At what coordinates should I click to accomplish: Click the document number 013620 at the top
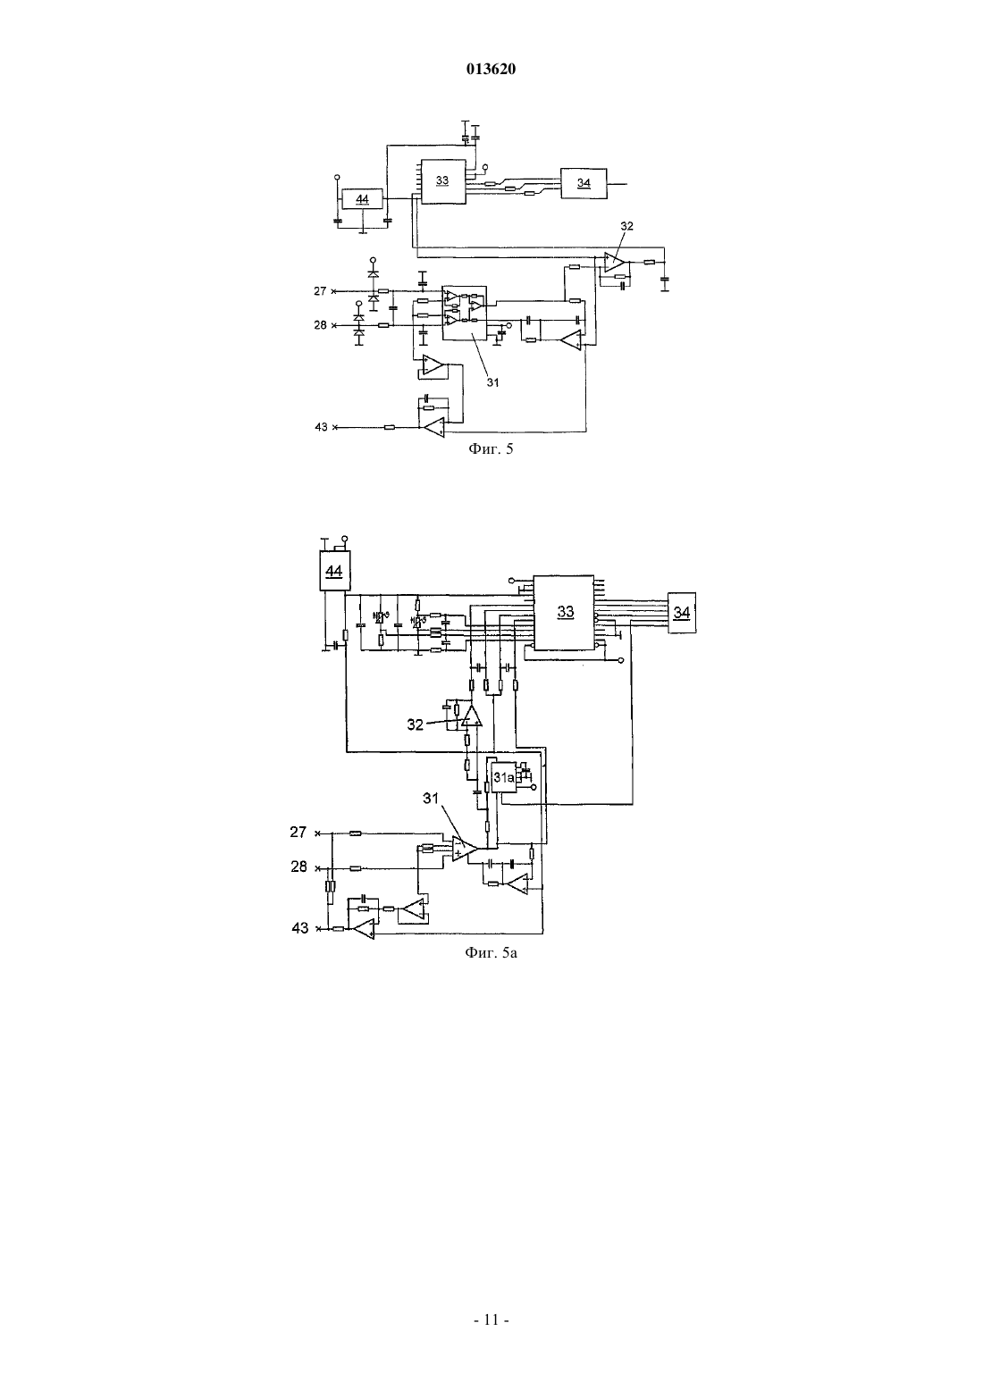[x=491, y=69]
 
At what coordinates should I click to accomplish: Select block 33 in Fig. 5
[x=442, y=181]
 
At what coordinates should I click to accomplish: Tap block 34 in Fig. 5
[x=584, y=183]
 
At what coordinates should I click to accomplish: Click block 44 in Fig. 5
[x=362, y=199]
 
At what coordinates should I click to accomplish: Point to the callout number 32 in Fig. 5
[x=626, y=227]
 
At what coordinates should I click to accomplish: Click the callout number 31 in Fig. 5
[x=492, y=383]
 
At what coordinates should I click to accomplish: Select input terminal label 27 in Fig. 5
[x=320, y=291]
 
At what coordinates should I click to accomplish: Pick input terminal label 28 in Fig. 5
[x=320, y=325]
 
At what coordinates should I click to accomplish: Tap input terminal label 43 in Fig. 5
[x=321, y=427]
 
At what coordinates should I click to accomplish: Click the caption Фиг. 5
[x=491, y=448]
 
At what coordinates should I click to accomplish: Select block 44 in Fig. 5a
[x=334, y=571]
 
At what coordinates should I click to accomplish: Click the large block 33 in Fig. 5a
[x=565, y=613]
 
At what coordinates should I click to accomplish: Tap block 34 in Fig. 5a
[x=681, y=613]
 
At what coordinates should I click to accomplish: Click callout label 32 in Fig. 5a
[x=416, y=724]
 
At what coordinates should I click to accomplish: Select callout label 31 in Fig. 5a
[x=431, y=799]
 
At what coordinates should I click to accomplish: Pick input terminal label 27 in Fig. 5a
[x=298, y=833]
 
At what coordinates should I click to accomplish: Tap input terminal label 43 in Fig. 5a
[x=300, y=928]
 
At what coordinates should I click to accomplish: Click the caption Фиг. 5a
[x=491, y=952]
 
